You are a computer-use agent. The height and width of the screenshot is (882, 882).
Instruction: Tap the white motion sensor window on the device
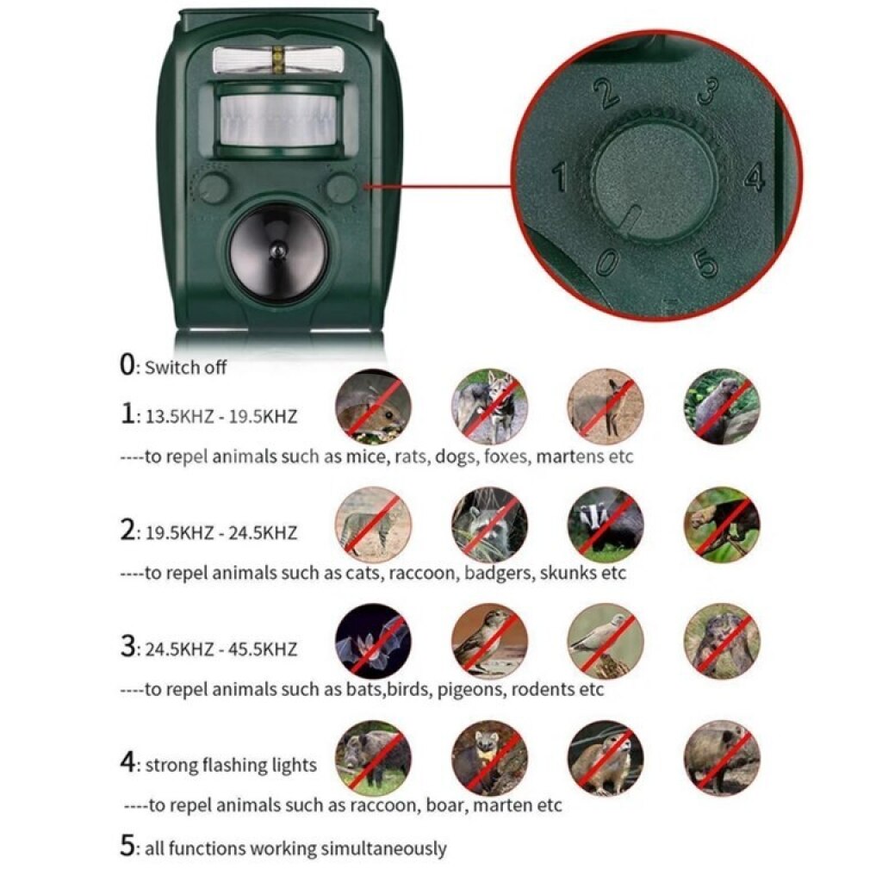click(x=277, y=120)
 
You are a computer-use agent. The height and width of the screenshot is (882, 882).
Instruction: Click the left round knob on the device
click(x=214, y=187)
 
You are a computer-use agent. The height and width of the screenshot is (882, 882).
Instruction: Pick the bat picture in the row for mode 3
click(x=373, y=641)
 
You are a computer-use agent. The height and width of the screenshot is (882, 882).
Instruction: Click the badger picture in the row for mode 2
click(x=606, y=525)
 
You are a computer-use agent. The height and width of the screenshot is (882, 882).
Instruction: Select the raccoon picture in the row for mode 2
click(x=489, y=525)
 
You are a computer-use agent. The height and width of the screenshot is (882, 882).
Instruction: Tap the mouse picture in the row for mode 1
click(x=373, y=407)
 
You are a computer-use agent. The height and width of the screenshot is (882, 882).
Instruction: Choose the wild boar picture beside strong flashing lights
click(x=373, y=758)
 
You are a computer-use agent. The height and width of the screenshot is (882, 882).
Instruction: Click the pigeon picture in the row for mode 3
click(x=606, y=641)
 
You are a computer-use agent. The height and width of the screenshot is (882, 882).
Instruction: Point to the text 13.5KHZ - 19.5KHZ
click(x=221, y=417)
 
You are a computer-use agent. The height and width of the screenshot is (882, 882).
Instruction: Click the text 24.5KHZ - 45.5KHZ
click(x=221, y=649)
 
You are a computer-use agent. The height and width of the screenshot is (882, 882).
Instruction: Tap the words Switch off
click(x=186, y=367)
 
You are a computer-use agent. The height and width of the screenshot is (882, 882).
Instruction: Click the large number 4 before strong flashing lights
click(x=127, y=762)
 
